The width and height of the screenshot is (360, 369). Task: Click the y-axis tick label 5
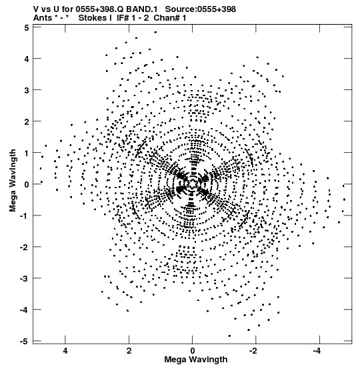tap(27, 27)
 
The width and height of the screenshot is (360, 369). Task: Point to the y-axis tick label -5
tap(25, 341)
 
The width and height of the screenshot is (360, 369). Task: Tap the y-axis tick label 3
tap(27, 90)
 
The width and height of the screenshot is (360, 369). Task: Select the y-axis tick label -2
tap(25, 247)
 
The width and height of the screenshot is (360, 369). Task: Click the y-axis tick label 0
tap(27, 184)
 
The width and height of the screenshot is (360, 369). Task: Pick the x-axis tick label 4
tap(65, 351)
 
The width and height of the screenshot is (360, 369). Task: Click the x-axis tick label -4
tap(317, 351)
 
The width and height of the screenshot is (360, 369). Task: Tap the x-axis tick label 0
tap(193, 351)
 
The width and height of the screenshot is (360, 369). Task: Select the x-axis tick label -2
tap(254, 351)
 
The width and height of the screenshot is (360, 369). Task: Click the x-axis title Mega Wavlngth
tap(196, 360)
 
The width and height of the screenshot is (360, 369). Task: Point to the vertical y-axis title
tap(13, 181)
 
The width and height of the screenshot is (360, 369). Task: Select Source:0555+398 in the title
tap(201, 9)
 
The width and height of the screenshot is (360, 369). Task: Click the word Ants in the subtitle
tap(43, 18)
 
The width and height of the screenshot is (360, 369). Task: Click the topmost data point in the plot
tap(155, 32)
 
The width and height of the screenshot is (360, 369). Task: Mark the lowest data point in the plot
tap(229, 336)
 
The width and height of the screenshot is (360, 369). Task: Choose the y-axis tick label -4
tap(25, 310)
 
